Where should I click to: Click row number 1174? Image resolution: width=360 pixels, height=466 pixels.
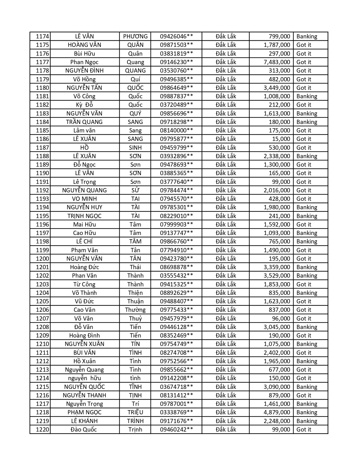pos(42,36)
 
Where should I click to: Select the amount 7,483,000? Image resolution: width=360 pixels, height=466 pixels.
pos(277,62)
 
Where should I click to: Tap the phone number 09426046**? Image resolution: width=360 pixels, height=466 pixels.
pos(176,36)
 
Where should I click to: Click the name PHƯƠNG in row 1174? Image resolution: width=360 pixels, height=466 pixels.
pos(135,36)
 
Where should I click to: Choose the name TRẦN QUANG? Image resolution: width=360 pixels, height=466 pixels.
pos(84,122)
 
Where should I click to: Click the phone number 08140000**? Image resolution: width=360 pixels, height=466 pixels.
pos(176,130)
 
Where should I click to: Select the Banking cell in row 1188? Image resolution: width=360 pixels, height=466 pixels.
pos(307,156)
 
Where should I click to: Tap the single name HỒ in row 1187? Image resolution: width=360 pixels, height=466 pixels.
pos(84,147)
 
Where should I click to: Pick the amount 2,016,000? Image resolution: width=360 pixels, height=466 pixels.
pos(277,190)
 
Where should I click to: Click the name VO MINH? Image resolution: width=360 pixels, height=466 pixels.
pos(84,199)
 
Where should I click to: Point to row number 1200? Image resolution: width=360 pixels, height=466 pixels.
pos(42,259)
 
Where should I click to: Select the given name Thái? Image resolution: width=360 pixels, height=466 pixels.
pos(135,267)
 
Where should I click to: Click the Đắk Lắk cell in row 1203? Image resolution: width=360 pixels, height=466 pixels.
pos(226,284)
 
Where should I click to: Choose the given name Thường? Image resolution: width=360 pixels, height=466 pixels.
pos(135,310)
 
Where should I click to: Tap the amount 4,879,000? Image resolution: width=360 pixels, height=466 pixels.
pos(277,412)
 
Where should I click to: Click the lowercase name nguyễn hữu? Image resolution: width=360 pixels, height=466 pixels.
pos(84,378)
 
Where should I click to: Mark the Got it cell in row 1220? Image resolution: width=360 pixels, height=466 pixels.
pos(304,430)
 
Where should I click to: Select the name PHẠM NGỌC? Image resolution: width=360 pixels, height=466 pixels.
pos(84,412)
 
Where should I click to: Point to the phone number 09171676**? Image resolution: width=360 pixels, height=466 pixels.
pos(176,421)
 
